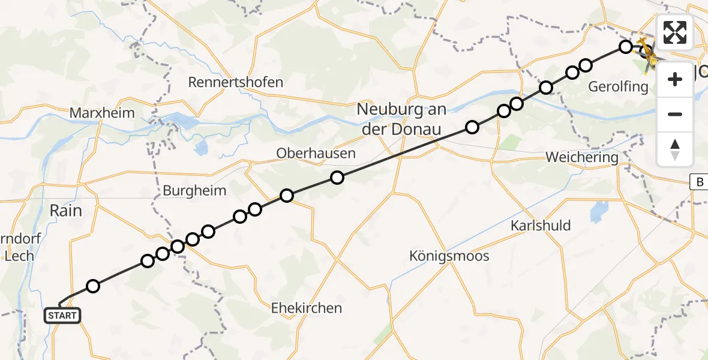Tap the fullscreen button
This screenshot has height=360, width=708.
coord(675,32)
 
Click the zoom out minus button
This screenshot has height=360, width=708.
coord(675,114)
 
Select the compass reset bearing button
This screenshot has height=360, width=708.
coord(675,149)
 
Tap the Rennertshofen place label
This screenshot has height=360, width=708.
coord(236,82)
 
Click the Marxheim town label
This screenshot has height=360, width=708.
coord(102,113)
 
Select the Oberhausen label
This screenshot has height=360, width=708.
coord(316,154)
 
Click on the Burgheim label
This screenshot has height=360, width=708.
coord(194,191)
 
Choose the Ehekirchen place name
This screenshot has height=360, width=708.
coord(307,308)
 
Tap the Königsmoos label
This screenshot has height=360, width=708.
coord(449,256)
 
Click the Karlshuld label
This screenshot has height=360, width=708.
coord(541,226)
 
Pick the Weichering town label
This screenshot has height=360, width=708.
coord(581,158)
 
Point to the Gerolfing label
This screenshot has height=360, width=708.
coord(619,87)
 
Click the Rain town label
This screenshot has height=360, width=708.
coord(66,211)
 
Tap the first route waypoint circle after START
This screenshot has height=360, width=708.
coord(92,286)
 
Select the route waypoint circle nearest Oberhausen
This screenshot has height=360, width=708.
coord(337,178)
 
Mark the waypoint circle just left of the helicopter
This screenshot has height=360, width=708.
coord(626,47)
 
